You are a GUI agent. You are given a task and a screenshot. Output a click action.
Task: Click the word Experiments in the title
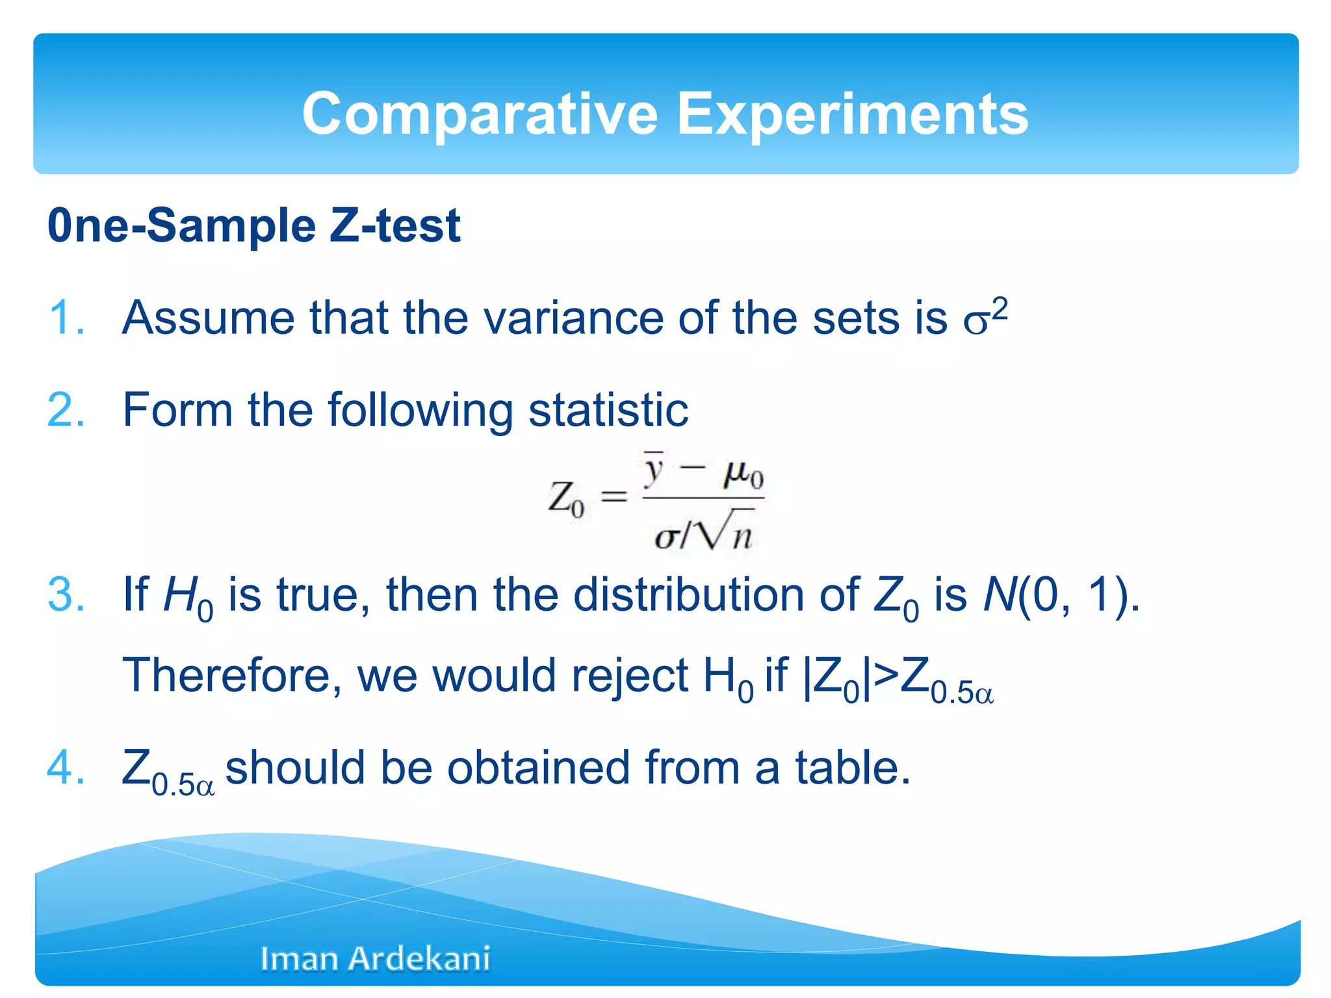pyautogui.click(x=853, y=114)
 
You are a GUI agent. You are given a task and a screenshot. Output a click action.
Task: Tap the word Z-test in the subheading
pyautogui.click(x=394, y=225)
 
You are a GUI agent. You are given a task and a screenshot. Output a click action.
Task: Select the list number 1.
pyautogui.click(x=66, y=318)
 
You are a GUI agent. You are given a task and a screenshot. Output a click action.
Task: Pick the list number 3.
pyautogui.click(x=66, y=595)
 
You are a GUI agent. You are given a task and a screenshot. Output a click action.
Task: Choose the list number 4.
pyautogui.click(x=66, y=767)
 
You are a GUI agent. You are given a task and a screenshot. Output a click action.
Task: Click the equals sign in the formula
pyautogui.click(x=614, y=497)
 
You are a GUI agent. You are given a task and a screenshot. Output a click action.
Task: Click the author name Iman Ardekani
pyautogui.click(x=375, y=958)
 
